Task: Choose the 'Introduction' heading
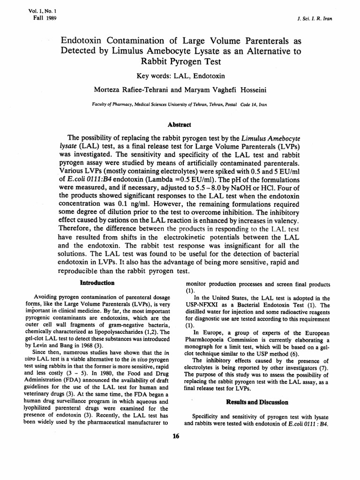click(97, 283)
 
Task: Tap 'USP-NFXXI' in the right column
click(204, 305)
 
